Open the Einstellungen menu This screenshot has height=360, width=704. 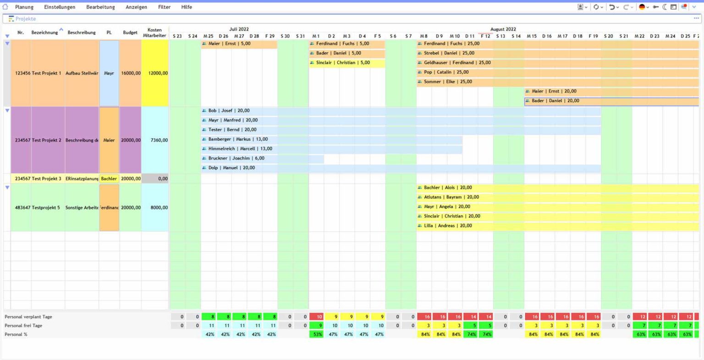[x=60, y=7]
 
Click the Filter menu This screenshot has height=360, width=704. [x=164, y=7]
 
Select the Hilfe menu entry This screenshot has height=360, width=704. [x=187, y=7]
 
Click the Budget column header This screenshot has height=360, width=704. [x=130, y=33]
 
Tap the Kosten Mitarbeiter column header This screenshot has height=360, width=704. [x=154, y=33]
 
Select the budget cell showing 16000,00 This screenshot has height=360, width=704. [x=131, y=73]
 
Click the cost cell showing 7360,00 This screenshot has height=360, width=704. [x=155, y=140]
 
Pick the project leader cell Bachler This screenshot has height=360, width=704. [x=109, y=179]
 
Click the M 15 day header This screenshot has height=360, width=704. [x=532, y=36]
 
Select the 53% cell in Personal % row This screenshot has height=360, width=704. [x=317, y=334]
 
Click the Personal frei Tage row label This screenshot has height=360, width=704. [x=23, y=326]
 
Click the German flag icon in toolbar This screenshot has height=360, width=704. [x=642, y=7]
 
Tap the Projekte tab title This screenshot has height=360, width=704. [x=25, y=19]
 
